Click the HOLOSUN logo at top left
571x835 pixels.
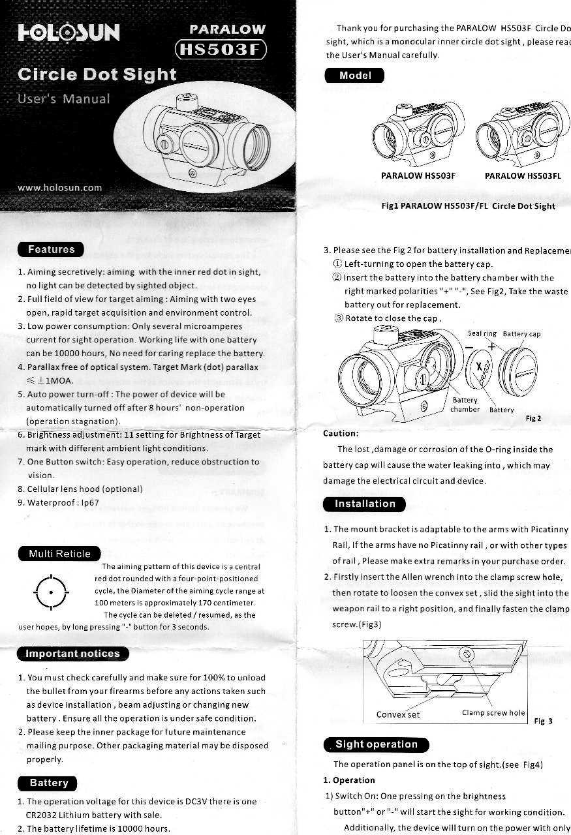coord(69,32)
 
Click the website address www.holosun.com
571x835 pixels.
coord(60,188)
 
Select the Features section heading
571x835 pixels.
coord(52,249)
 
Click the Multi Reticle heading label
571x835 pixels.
coord(59,554)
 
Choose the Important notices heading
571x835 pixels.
coord(72,654)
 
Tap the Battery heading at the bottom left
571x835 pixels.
coord(48,783)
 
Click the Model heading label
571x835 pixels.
coord(355,76)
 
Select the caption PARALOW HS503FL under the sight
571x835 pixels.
coord(523,175)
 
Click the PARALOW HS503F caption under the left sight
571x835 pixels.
coord(418,175)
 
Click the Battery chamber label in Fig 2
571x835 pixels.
coord(465,405)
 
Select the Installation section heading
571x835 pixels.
coord(365,504)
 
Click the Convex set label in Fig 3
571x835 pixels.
coord(398,714)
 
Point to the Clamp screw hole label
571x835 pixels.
coord(493,712)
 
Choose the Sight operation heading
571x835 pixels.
coord(376,744)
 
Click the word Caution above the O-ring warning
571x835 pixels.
coord(340,433)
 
